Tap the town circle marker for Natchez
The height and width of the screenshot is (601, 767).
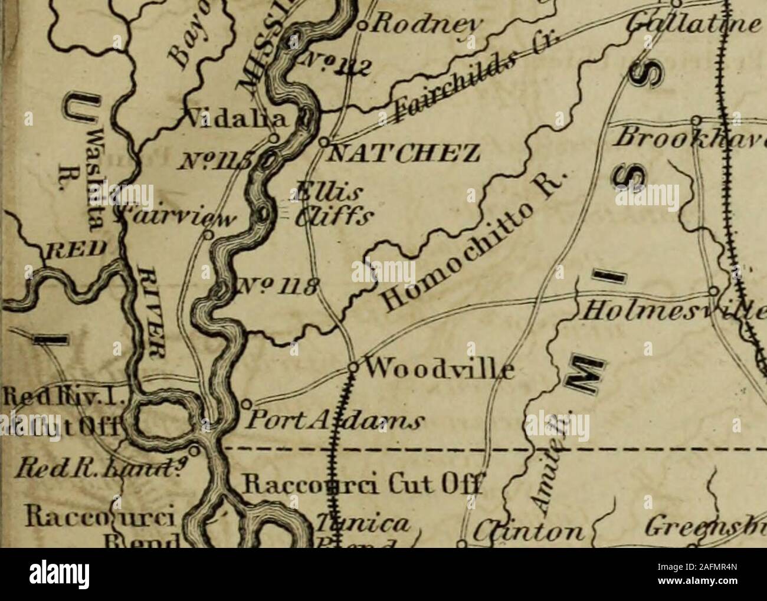coord(324,142)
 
